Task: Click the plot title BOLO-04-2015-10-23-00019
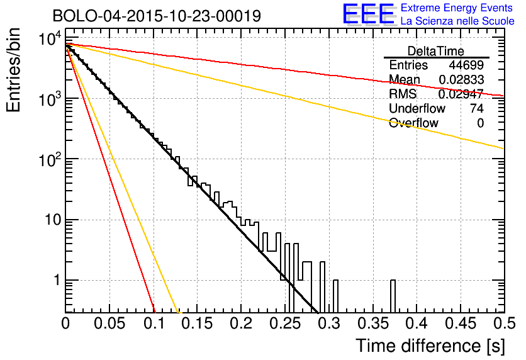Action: tap(157, 16)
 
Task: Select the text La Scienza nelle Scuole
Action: tap(457, 21)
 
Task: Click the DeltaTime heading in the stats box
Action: tap(436, 51)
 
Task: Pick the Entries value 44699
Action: tap(466, 65)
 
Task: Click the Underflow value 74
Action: tap(476, 108)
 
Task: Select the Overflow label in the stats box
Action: tap(413, 123)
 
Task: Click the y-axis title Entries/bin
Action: tap(17, 71)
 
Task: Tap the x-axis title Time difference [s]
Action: tap(429, 346)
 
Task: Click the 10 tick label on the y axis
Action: tap(52, 220)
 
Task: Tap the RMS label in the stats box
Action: tap(403, 94)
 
